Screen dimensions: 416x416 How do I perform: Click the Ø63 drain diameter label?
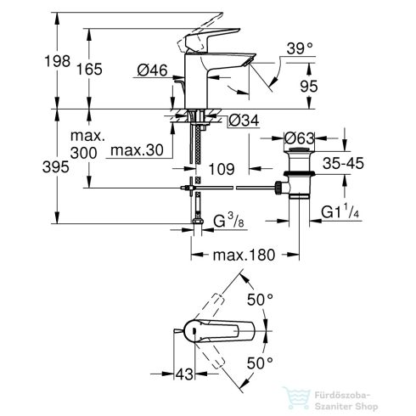(x=301, y=138)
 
